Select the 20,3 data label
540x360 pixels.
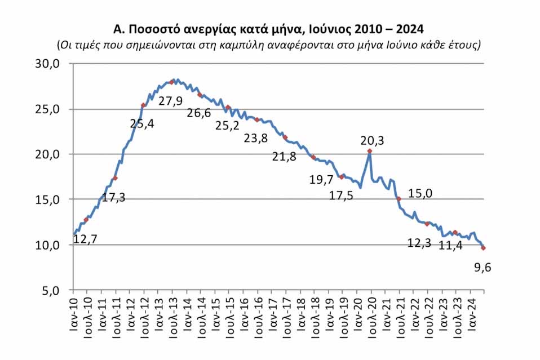tap(372, 141)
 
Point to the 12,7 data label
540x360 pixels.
tap(85, 239)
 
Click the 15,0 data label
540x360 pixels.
tap(420, 193)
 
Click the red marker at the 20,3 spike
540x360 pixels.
tap(370, 151)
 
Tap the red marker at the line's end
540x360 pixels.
tap(484, 248)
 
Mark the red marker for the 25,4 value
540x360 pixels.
tap(143, 105)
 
